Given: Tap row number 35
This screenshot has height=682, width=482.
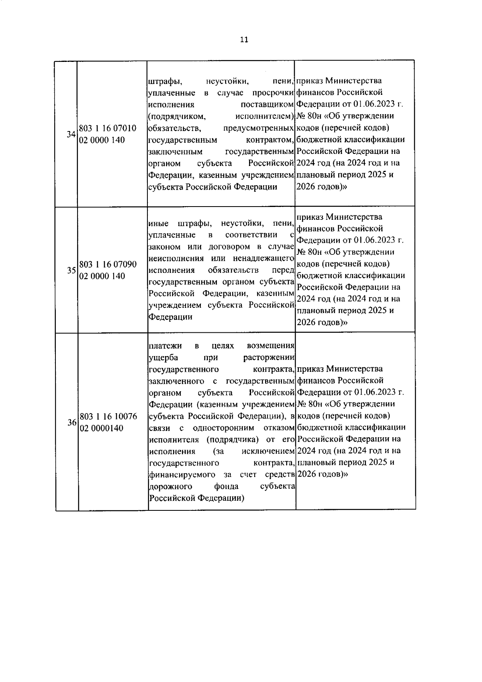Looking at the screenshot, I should point(72,270).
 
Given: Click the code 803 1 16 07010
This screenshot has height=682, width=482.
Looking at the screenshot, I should point(108,129).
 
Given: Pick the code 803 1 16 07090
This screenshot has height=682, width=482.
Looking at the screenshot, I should point(108,264).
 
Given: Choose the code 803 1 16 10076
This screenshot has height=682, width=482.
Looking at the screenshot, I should point(108,417).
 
